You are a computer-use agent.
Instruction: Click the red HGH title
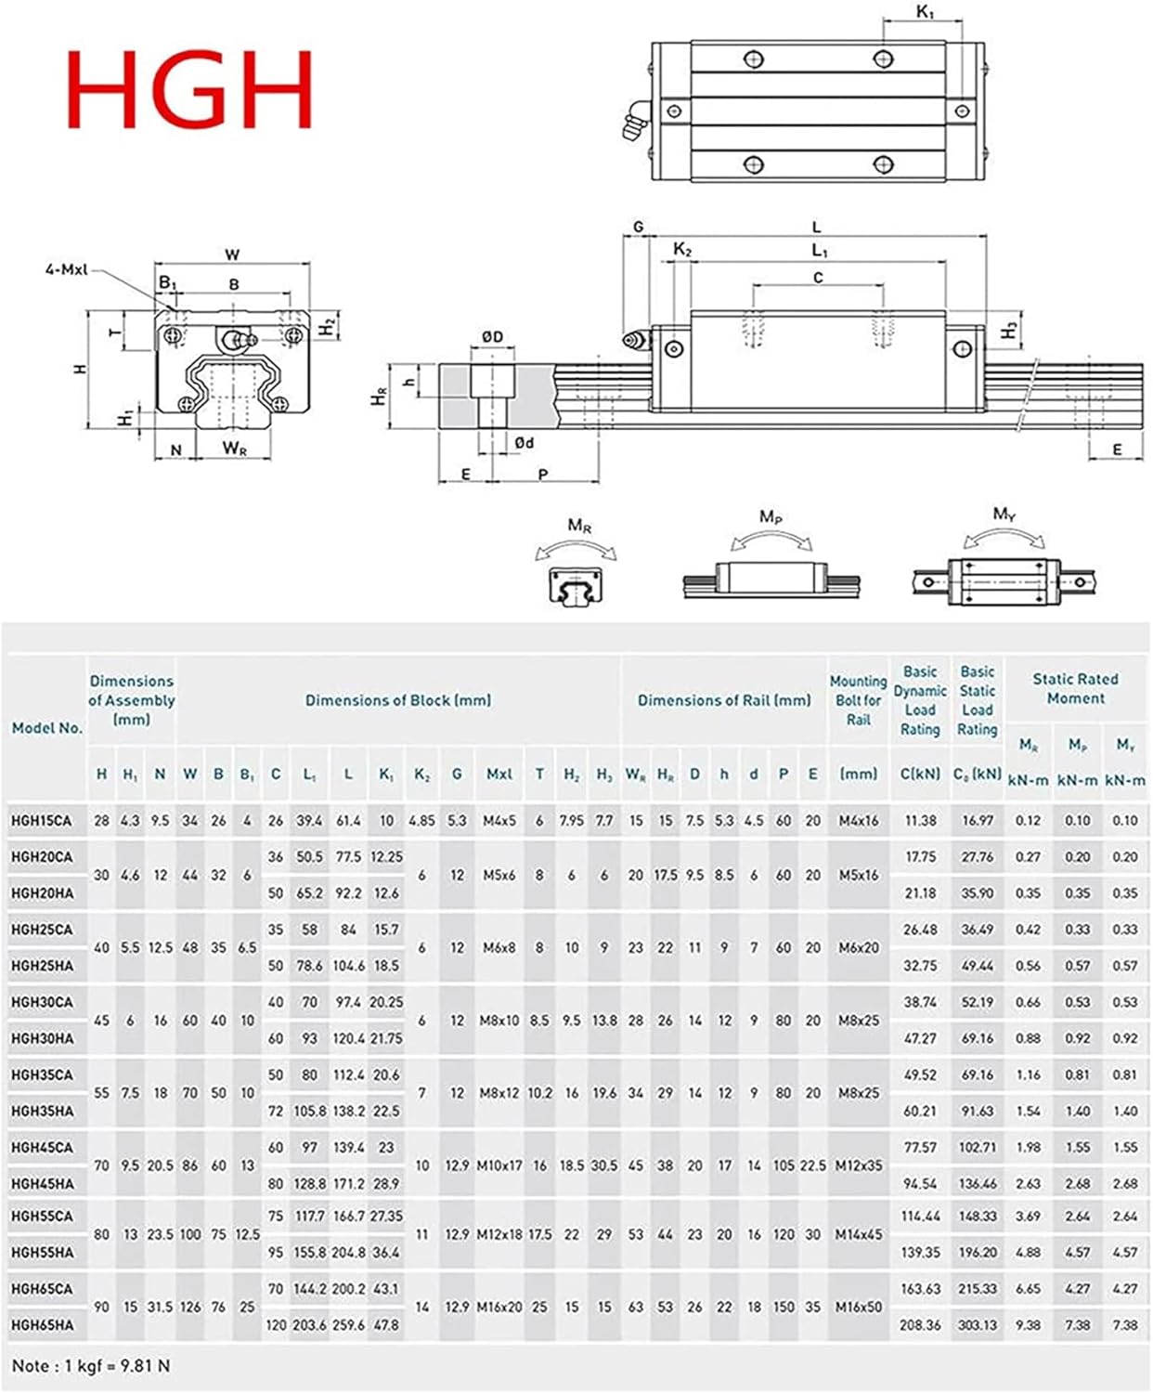click(190, 89)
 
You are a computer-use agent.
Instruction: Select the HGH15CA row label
click(42, 821)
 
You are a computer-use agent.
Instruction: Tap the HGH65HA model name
click(42, 1325)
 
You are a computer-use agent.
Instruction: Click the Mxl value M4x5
click(499, 821)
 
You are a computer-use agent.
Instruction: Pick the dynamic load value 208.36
click(919, 1325)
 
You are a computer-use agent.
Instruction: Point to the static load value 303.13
click(977, 1325)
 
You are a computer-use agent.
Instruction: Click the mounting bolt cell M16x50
click(858, 1307)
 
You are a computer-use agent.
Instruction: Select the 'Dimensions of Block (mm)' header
click(398, 700)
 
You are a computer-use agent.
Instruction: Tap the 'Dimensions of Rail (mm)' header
click(724, 700)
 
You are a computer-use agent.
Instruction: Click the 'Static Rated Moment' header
click(1075, 689)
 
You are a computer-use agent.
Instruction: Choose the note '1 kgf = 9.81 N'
click(91, 1366)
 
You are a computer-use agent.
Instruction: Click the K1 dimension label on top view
click(925, 12)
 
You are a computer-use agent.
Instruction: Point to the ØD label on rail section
click(492, 336)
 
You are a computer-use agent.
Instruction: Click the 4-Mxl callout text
click(66, 269)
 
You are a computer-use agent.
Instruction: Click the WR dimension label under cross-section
click(234, 449)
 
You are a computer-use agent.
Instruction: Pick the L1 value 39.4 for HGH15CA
click(309, 821)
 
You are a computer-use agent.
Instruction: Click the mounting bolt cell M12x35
click(858, 1165)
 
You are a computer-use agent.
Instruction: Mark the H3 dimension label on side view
click(1011, 330)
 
